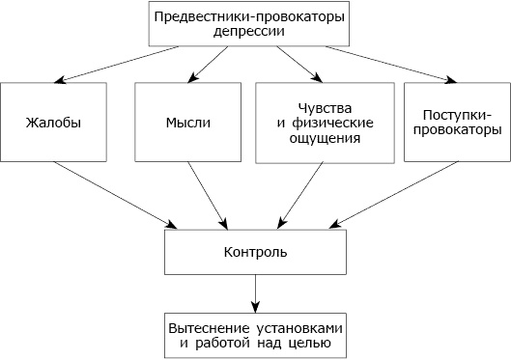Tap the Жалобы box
(x=54, y=123)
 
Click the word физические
(x=325, y=122)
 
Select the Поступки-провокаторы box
(x=454, y=123)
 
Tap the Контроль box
(x=255, y=252)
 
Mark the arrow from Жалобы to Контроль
(x=116, y=195)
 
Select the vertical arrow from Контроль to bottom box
(x=256, y=291)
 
